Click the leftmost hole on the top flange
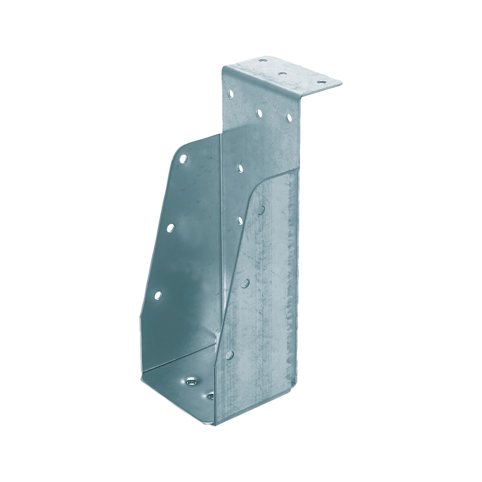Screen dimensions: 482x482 click(263, 61)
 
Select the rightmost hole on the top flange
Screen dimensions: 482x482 click(320, 84)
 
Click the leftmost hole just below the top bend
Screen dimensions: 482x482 click(231, 93)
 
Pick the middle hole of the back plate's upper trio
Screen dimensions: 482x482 click(260, 112)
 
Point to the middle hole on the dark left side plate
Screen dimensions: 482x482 click(171, 228)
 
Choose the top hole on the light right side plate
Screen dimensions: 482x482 click(263, 210)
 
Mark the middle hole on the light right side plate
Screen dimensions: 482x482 click(246, 283)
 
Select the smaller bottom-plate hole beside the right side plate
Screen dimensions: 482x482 click(211, 396)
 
